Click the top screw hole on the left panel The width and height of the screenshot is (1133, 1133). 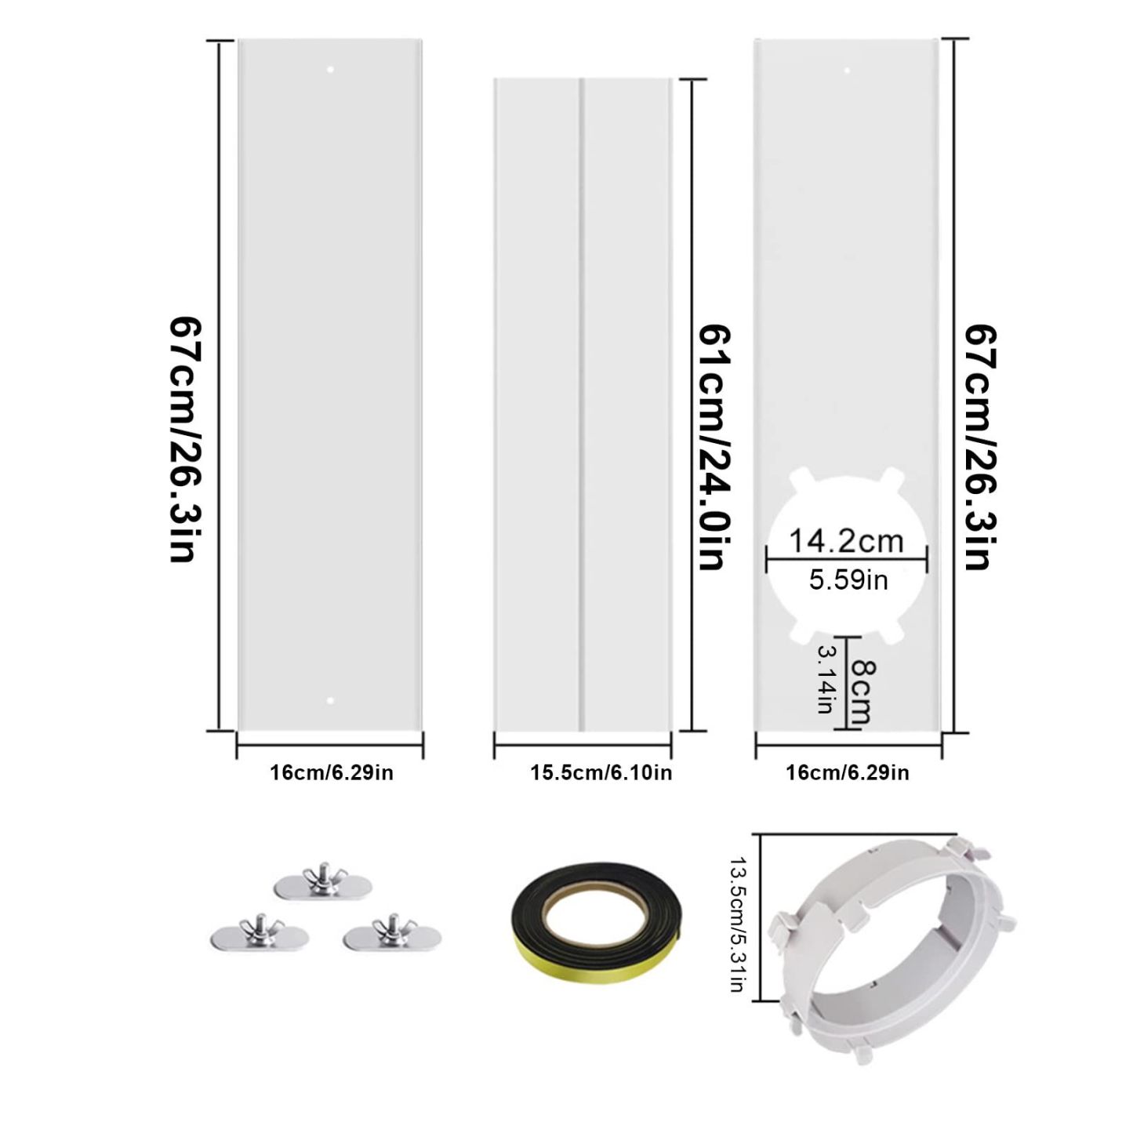[330, 69]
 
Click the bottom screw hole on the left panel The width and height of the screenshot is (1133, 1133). [330, 701]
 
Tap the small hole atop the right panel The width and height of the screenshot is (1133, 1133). [848, 71]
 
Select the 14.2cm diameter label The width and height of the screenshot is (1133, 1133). [845, 540]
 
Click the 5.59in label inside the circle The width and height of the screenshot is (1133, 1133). [848, 580]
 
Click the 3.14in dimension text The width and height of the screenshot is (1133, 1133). [825, 678]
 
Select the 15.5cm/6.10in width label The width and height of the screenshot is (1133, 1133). [601, 772]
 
